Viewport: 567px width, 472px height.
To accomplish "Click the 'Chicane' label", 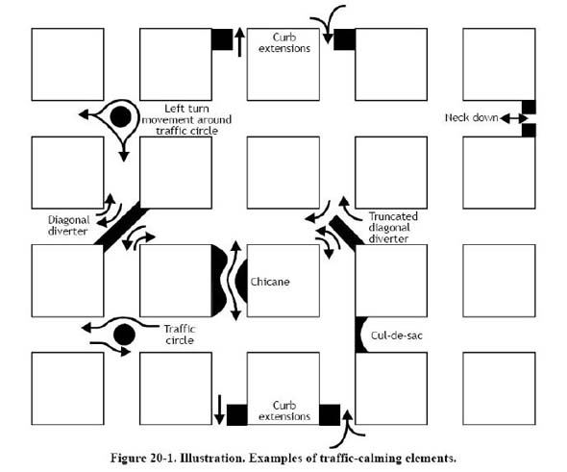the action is click(x=270, y=282).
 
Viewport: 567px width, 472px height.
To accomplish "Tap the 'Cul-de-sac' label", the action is click(x=397, y=335).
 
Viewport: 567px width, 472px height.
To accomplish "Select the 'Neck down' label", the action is click(x=472, y=117).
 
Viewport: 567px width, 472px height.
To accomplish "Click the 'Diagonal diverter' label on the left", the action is click(x=68, y=225).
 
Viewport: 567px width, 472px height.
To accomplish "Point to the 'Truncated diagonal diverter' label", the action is click(x=393, y=228).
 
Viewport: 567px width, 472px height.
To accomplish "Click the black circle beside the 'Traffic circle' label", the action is click(x=124, y=335).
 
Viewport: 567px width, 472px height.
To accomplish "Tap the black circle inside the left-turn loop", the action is click(x=120, y=117).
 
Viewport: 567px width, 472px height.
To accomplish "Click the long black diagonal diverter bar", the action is click(x=121, y=226).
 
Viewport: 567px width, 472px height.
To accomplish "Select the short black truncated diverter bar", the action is click(x=346, y=233).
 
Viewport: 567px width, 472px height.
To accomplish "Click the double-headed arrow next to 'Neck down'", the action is click(x=514, y=118).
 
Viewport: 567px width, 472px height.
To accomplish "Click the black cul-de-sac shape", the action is click(x=361, y=335).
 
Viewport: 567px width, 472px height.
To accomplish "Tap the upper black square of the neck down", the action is click(x=529, y=107).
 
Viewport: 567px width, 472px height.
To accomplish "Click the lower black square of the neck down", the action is click(x=529, y=130).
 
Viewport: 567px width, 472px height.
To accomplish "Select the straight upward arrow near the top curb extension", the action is click(x=239, y=42).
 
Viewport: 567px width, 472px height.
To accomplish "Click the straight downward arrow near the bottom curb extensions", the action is click(x=219, y=410).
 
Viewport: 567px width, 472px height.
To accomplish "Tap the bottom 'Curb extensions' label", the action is click(x=284, y=410).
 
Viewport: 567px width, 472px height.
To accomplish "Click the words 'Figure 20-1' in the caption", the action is click(x=142, y=458).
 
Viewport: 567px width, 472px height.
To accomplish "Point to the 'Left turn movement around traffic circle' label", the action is click(x=186, y=120).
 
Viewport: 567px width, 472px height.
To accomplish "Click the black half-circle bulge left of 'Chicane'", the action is click(x=218, y=281).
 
